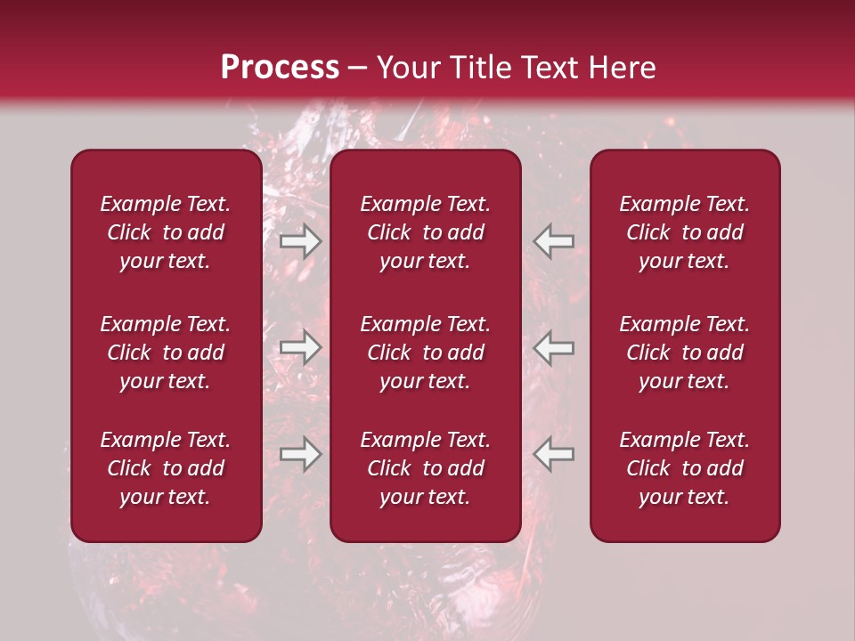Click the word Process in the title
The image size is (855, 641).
[280, 68]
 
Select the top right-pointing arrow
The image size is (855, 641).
[300, 240]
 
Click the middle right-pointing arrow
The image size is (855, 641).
[300, 346]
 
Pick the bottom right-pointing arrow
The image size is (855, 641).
[300, 454]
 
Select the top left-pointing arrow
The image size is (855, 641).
[554, 240]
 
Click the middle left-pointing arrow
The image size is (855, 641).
[554, 346]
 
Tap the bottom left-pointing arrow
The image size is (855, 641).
[554, 454]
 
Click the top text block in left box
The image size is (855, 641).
[166, 232]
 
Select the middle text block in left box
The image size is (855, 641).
[166, 353]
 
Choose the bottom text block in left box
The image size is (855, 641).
[166, 468]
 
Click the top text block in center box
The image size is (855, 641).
[426, 232]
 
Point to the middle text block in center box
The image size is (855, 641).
[426, 353]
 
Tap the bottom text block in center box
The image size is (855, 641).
[426, 468]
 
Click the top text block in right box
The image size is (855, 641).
[685, 232]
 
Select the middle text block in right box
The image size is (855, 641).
[685, 353]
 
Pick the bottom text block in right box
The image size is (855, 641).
[685, 468]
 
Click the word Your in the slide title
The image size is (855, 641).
[407, 68]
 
